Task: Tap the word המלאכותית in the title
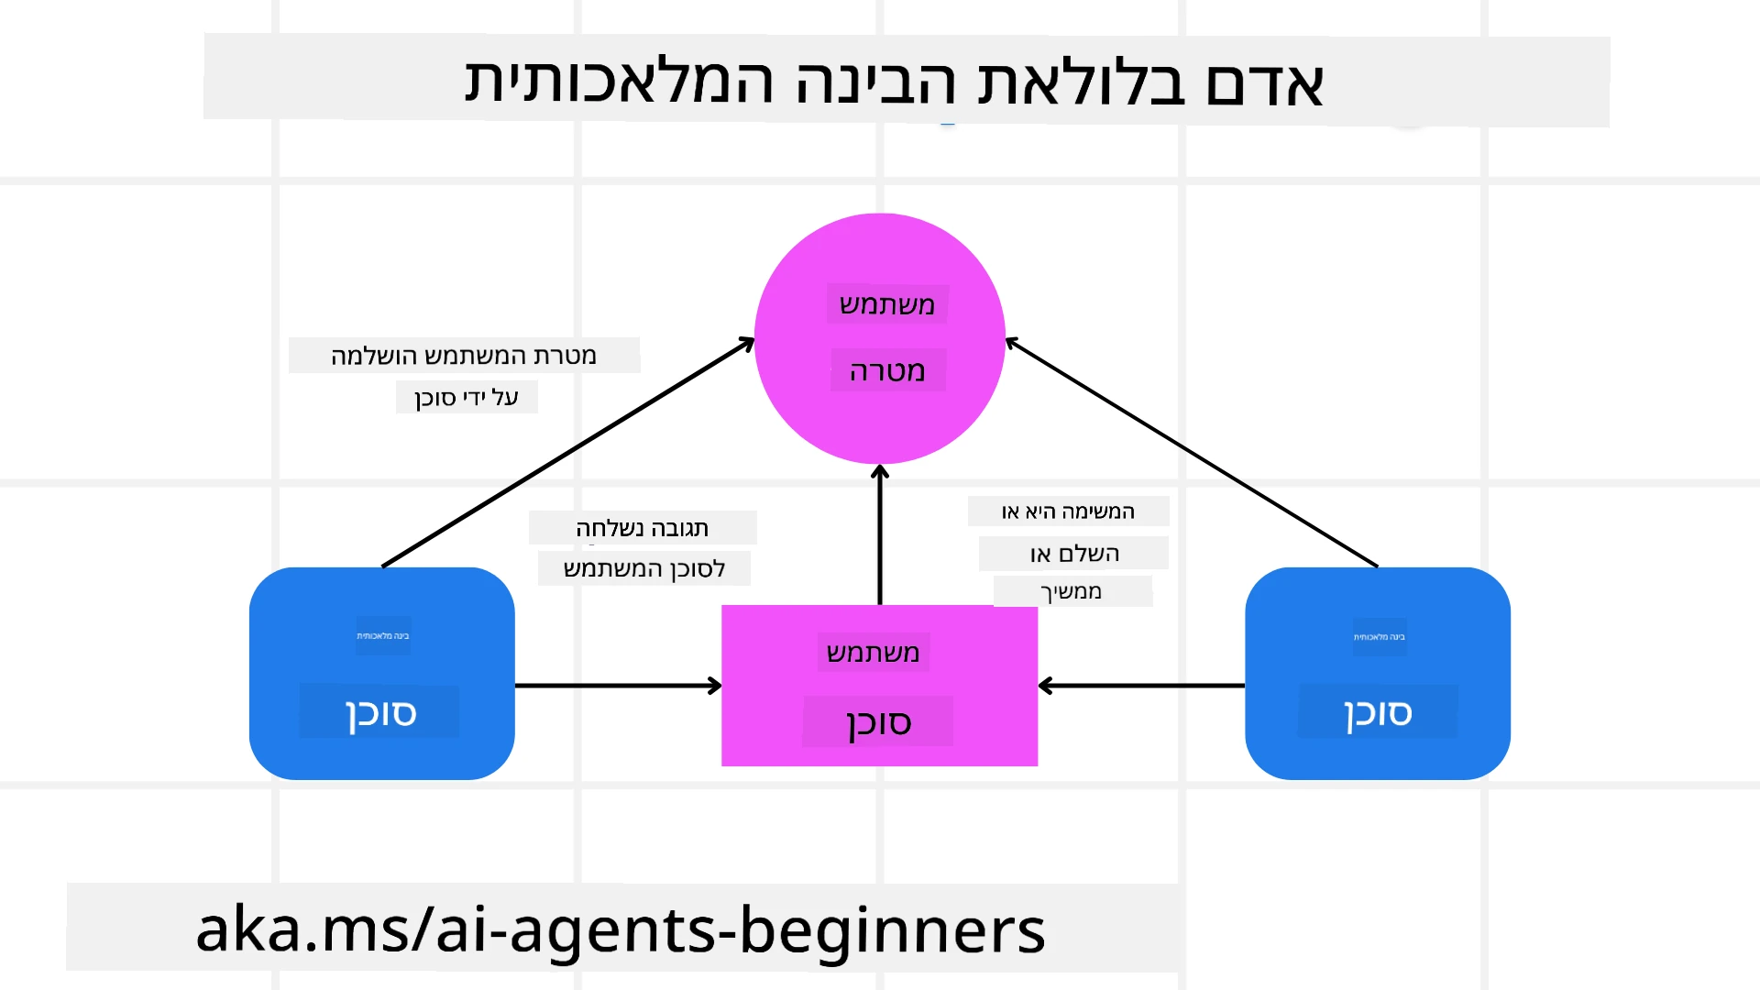620,82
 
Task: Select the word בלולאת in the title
1081,82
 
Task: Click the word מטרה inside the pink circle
887,371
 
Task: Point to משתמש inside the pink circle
887,304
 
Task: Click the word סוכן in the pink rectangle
878,722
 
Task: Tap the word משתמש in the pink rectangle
873,653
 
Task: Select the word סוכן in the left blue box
380,712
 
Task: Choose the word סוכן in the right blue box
1378,712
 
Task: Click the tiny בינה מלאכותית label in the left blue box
383,635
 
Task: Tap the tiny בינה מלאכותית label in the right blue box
1380,636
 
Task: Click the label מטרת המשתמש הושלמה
464,356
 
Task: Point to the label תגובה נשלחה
642,528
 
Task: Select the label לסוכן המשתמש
643,568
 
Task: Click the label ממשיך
1072,591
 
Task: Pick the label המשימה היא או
1068,511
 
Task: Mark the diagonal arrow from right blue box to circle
1192,454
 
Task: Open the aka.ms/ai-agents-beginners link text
621,929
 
